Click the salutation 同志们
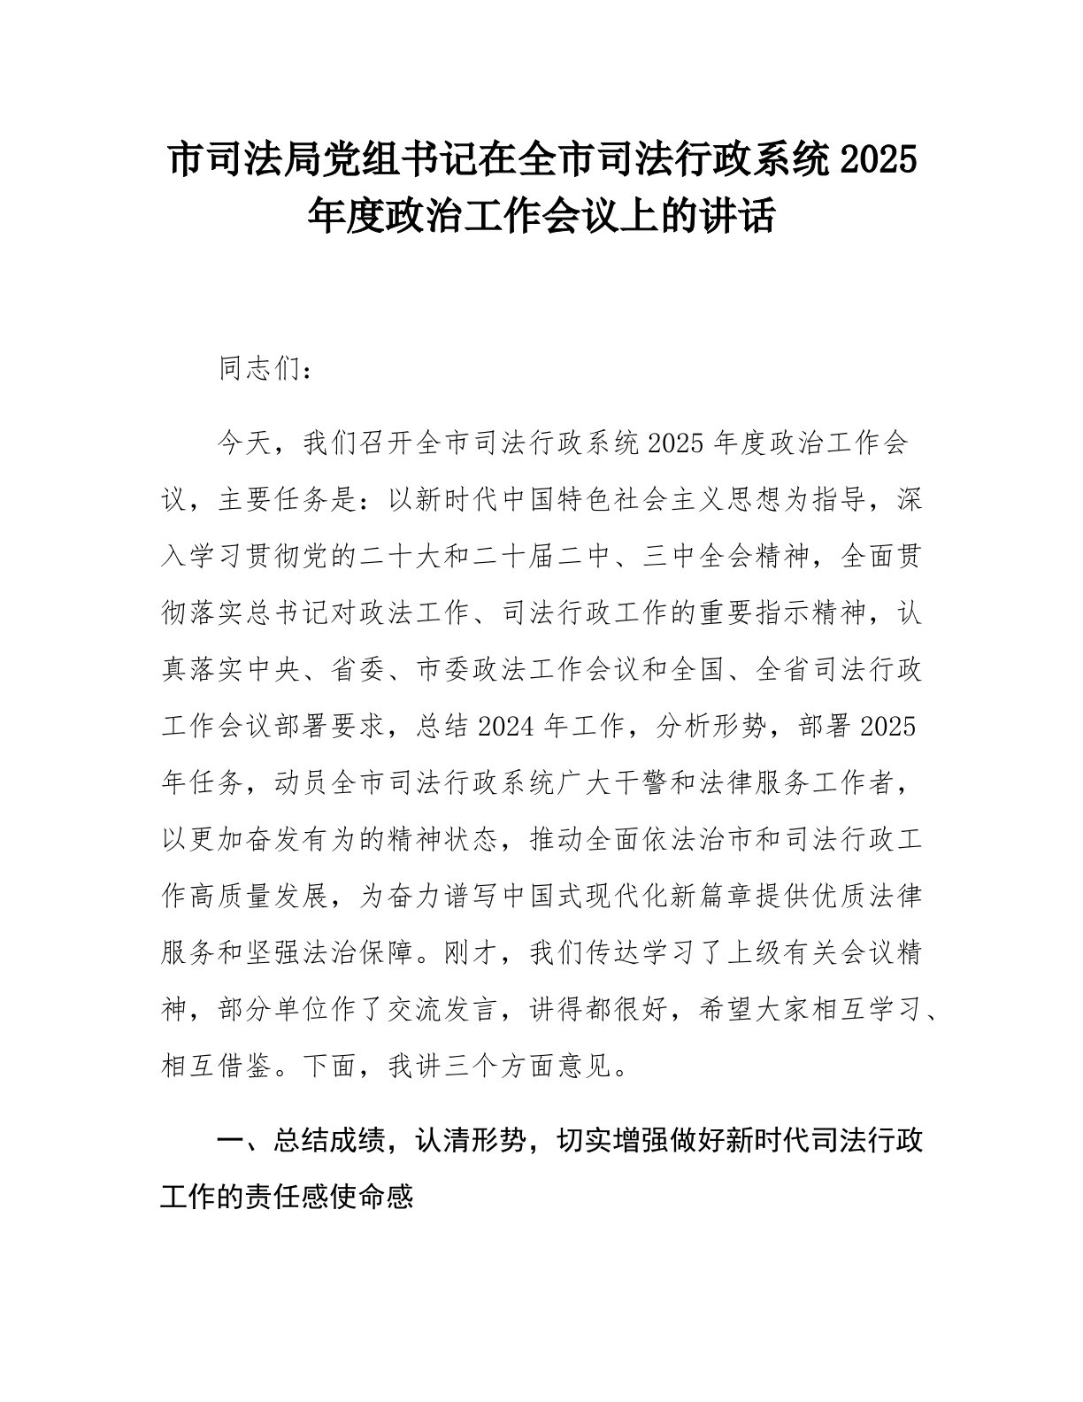(x=261, y=369)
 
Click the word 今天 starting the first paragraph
(x=247, y=443)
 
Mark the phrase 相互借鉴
(x=219, y=1067)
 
